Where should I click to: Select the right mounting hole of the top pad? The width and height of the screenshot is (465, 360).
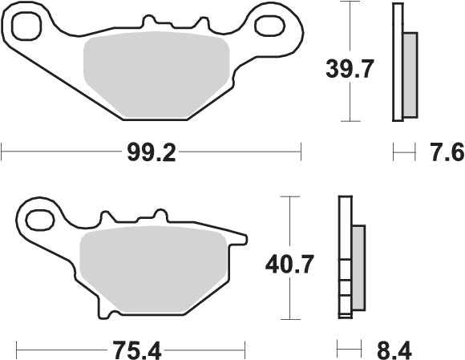[269, 26]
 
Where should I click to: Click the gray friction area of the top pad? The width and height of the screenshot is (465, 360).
[156, 76]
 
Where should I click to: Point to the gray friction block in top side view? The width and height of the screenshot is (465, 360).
[410, 72]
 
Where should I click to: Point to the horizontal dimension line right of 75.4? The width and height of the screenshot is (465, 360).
[204, 350]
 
